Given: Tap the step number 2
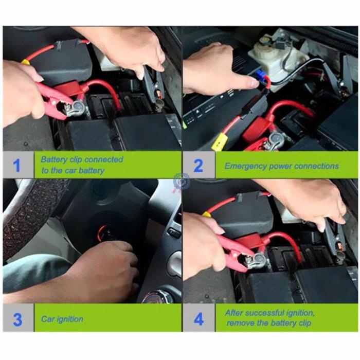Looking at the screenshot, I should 198,166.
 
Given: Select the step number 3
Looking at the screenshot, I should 17,319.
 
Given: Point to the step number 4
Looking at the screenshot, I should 199,319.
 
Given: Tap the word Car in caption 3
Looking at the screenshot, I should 48,319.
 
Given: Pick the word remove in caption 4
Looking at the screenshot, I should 240,323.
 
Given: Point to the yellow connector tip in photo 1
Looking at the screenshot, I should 25,62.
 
